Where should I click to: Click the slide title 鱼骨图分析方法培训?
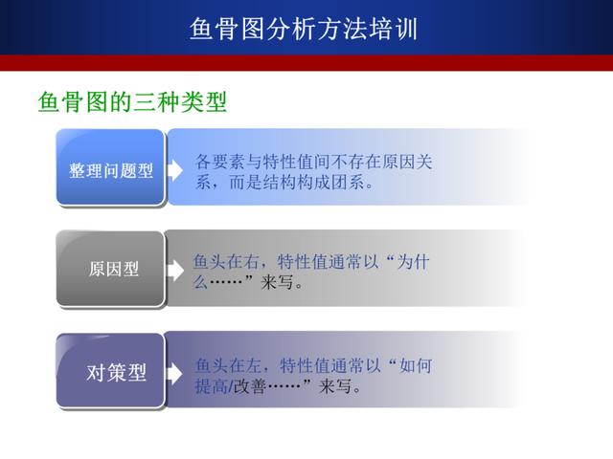click(x=304, y=29)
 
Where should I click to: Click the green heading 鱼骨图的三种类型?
click(x=132, y=101)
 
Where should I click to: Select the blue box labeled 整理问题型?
click(x=111, y=167)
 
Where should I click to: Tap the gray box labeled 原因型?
click(x=111, y=269)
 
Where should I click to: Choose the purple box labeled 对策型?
click(x=111, y=370)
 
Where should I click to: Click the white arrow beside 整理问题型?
click(x=175, y=170)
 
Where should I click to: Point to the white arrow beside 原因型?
click(x=176, y=271)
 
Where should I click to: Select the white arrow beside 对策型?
click(x=174, y=374)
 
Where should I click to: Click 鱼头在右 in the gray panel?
click(x=226, y=261)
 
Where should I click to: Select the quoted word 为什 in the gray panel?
click(x=413, y=261)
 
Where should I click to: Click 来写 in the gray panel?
click(x=277, y=282)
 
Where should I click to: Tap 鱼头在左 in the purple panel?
click(x=228, y=365)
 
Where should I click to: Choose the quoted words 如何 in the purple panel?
click(x=416, y=365)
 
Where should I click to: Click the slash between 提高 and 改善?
click(x=231, y=386)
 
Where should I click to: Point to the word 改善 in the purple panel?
click(x=250, y=386)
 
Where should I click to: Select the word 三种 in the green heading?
click(x=155, y=101)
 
